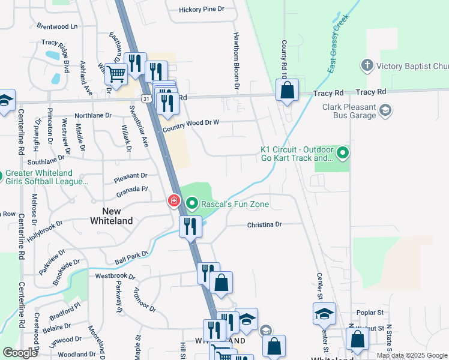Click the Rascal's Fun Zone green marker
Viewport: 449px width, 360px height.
pos(192,204)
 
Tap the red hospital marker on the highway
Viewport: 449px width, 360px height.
pos(174,200)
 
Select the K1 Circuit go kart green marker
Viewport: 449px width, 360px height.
pos(343,154)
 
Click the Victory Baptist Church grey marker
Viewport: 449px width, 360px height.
pos(367,65)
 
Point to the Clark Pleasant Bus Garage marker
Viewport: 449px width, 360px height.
pos(385,110)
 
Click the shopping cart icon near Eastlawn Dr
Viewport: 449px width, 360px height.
pos(116,74)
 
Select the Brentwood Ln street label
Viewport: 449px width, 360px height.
pos(58,26)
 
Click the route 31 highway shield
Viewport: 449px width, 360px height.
pos(146,97)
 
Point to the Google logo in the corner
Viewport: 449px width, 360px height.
pos(20,353)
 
